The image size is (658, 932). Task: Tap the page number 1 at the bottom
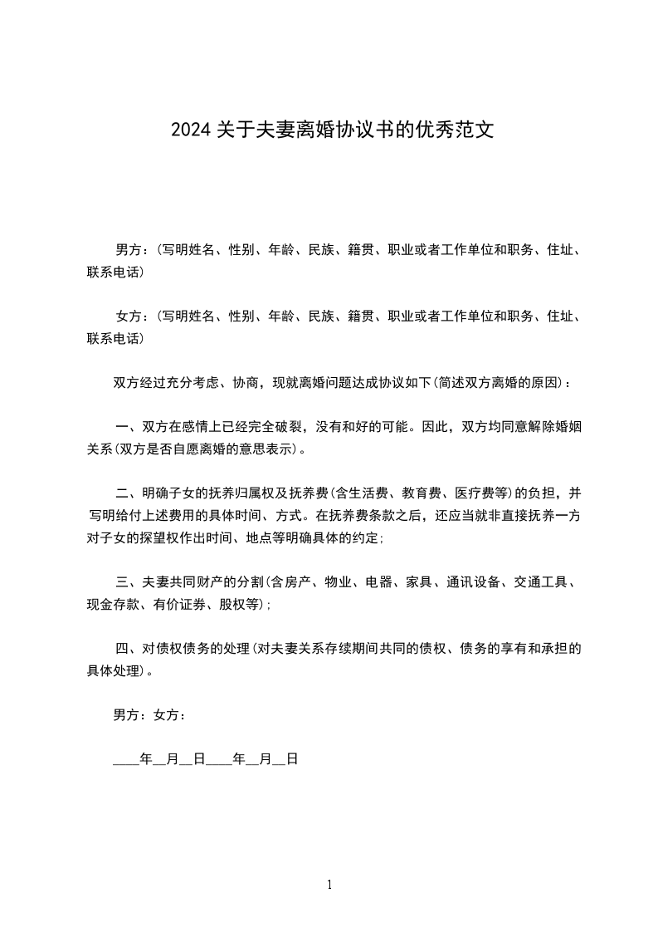pyautogui.click(x=329, y=885)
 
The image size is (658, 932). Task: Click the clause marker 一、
pyautogui.click(x=126, y=429)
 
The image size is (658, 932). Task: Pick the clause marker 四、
pyautogui.click(x=126, y=648)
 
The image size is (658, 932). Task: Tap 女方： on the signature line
pyautogui.click(x=169, y=714)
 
